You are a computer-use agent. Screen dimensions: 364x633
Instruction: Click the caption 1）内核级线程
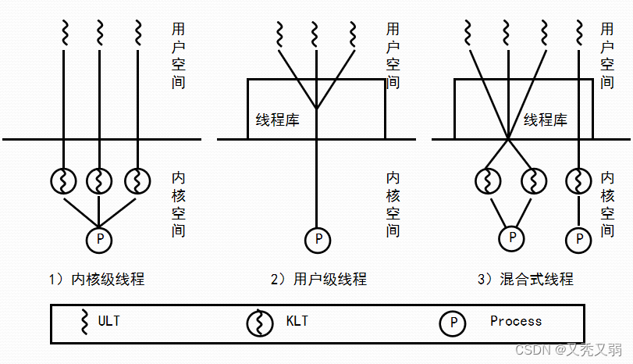click(x=95, y=279)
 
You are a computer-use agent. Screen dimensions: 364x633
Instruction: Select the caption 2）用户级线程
click(x=317, y=279)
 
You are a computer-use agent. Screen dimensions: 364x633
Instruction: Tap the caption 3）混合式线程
click(x=525, y=279)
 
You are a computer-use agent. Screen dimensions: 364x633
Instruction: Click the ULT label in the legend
click(x=109, y=321)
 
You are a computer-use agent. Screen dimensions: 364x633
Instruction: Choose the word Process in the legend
click(x=515, y=321)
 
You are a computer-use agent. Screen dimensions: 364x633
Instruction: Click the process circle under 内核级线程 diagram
click(x=99, y=238)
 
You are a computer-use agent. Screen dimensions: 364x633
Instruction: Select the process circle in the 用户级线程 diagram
click(x=317, y=238)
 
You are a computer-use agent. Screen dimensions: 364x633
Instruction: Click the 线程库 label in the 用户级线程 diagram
click(x=277, y=120)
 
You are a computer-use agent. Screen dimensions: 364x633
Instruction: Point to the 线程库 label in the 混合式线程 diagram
click(x=546, y=120)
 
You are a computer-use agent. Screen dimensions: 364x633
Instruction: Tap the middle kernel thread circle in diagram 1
click(x=99, y=180)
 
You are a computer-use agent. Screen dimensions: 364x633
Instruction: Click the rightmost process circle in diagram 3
click(x=578, y=238)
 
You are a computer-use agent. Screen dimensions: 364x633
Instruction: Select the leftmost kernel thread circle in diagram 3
click(x=488, y=180)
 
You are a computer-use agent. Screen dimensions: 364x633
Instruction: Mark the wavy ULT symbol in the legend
click(x=84, y=321)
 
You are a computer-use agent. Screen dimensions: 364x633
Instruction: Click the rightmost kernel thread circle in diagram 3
click(x=578, y=180)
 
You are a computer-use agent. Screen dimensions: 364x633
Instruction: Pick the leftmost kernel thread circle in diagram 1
click(x=62, y=180)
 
